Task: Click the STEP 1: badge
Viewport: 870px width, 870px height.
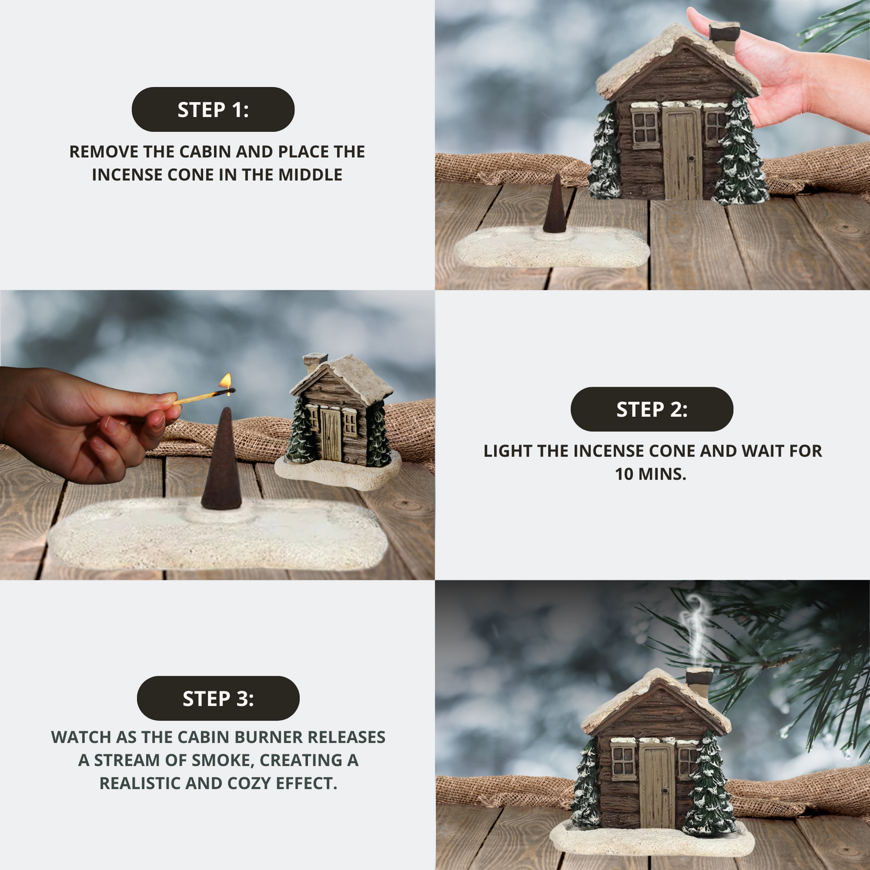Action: pyautogui.click(x=213, y=110)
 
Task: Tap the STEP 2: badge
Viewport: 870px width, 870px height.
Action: pyautogui.click(x=652, y=409)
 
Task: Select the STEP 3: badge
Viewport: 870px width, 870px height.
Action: pyautogui.click(x=218, y=698)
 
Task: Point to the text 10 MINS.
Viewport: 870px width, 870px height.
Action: pyautogui.click(x=651, y=474)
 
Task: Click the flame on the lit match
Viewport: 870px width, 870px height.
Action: pyautogui.click(x=226, y=380)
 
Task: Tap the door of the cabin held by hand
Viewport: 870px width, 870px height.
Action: pyautogui.click(x=682, y=154)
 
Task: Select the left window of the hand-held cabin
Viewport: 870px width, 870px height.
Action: pyautogui.click(x=644, y=128)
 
